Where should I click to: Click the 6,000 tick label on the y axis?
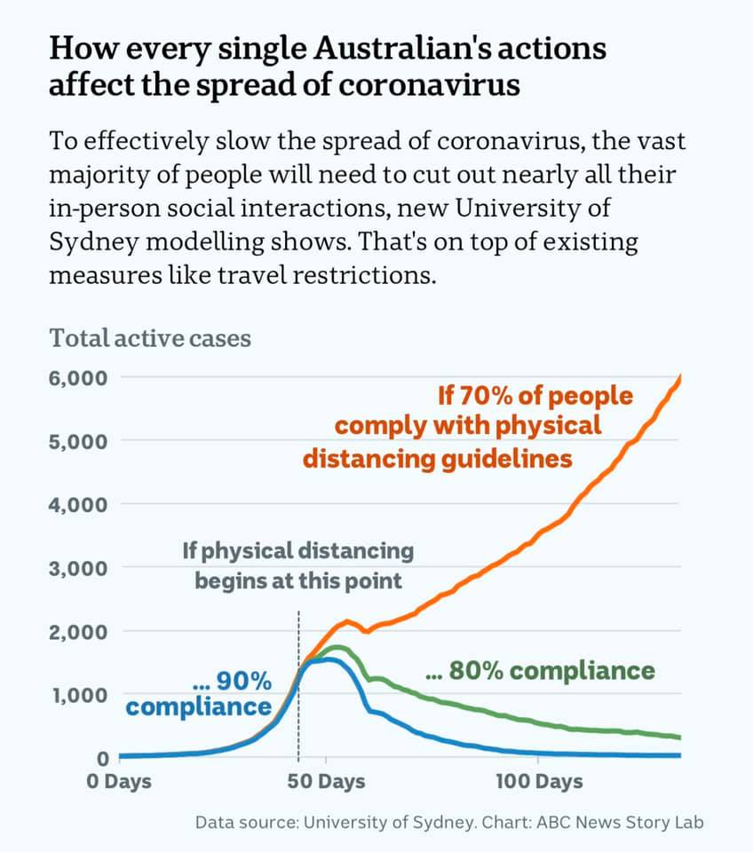(78, 378)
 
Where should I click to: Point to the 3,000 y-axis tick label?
(78, 569)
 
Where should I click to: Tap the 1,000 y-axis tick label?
(79, 695)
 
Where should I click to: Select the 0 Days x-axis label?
(119, 781)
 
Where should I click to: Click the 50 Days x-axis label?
(326, 781)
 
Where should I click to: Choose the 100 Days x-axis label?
(539, 781)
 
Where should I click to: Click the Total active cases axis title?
(150, 338)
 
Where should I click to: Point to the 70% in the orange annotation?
(485, 396)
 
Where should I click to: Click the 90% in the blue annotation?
(243, 681)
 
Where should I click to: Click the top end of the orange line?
(680, 375)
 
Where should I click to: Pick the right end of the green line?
(680, 738)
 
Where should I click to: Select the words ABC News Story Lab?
(620, 822)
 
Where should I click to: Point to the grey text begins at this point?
(298, 580)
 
